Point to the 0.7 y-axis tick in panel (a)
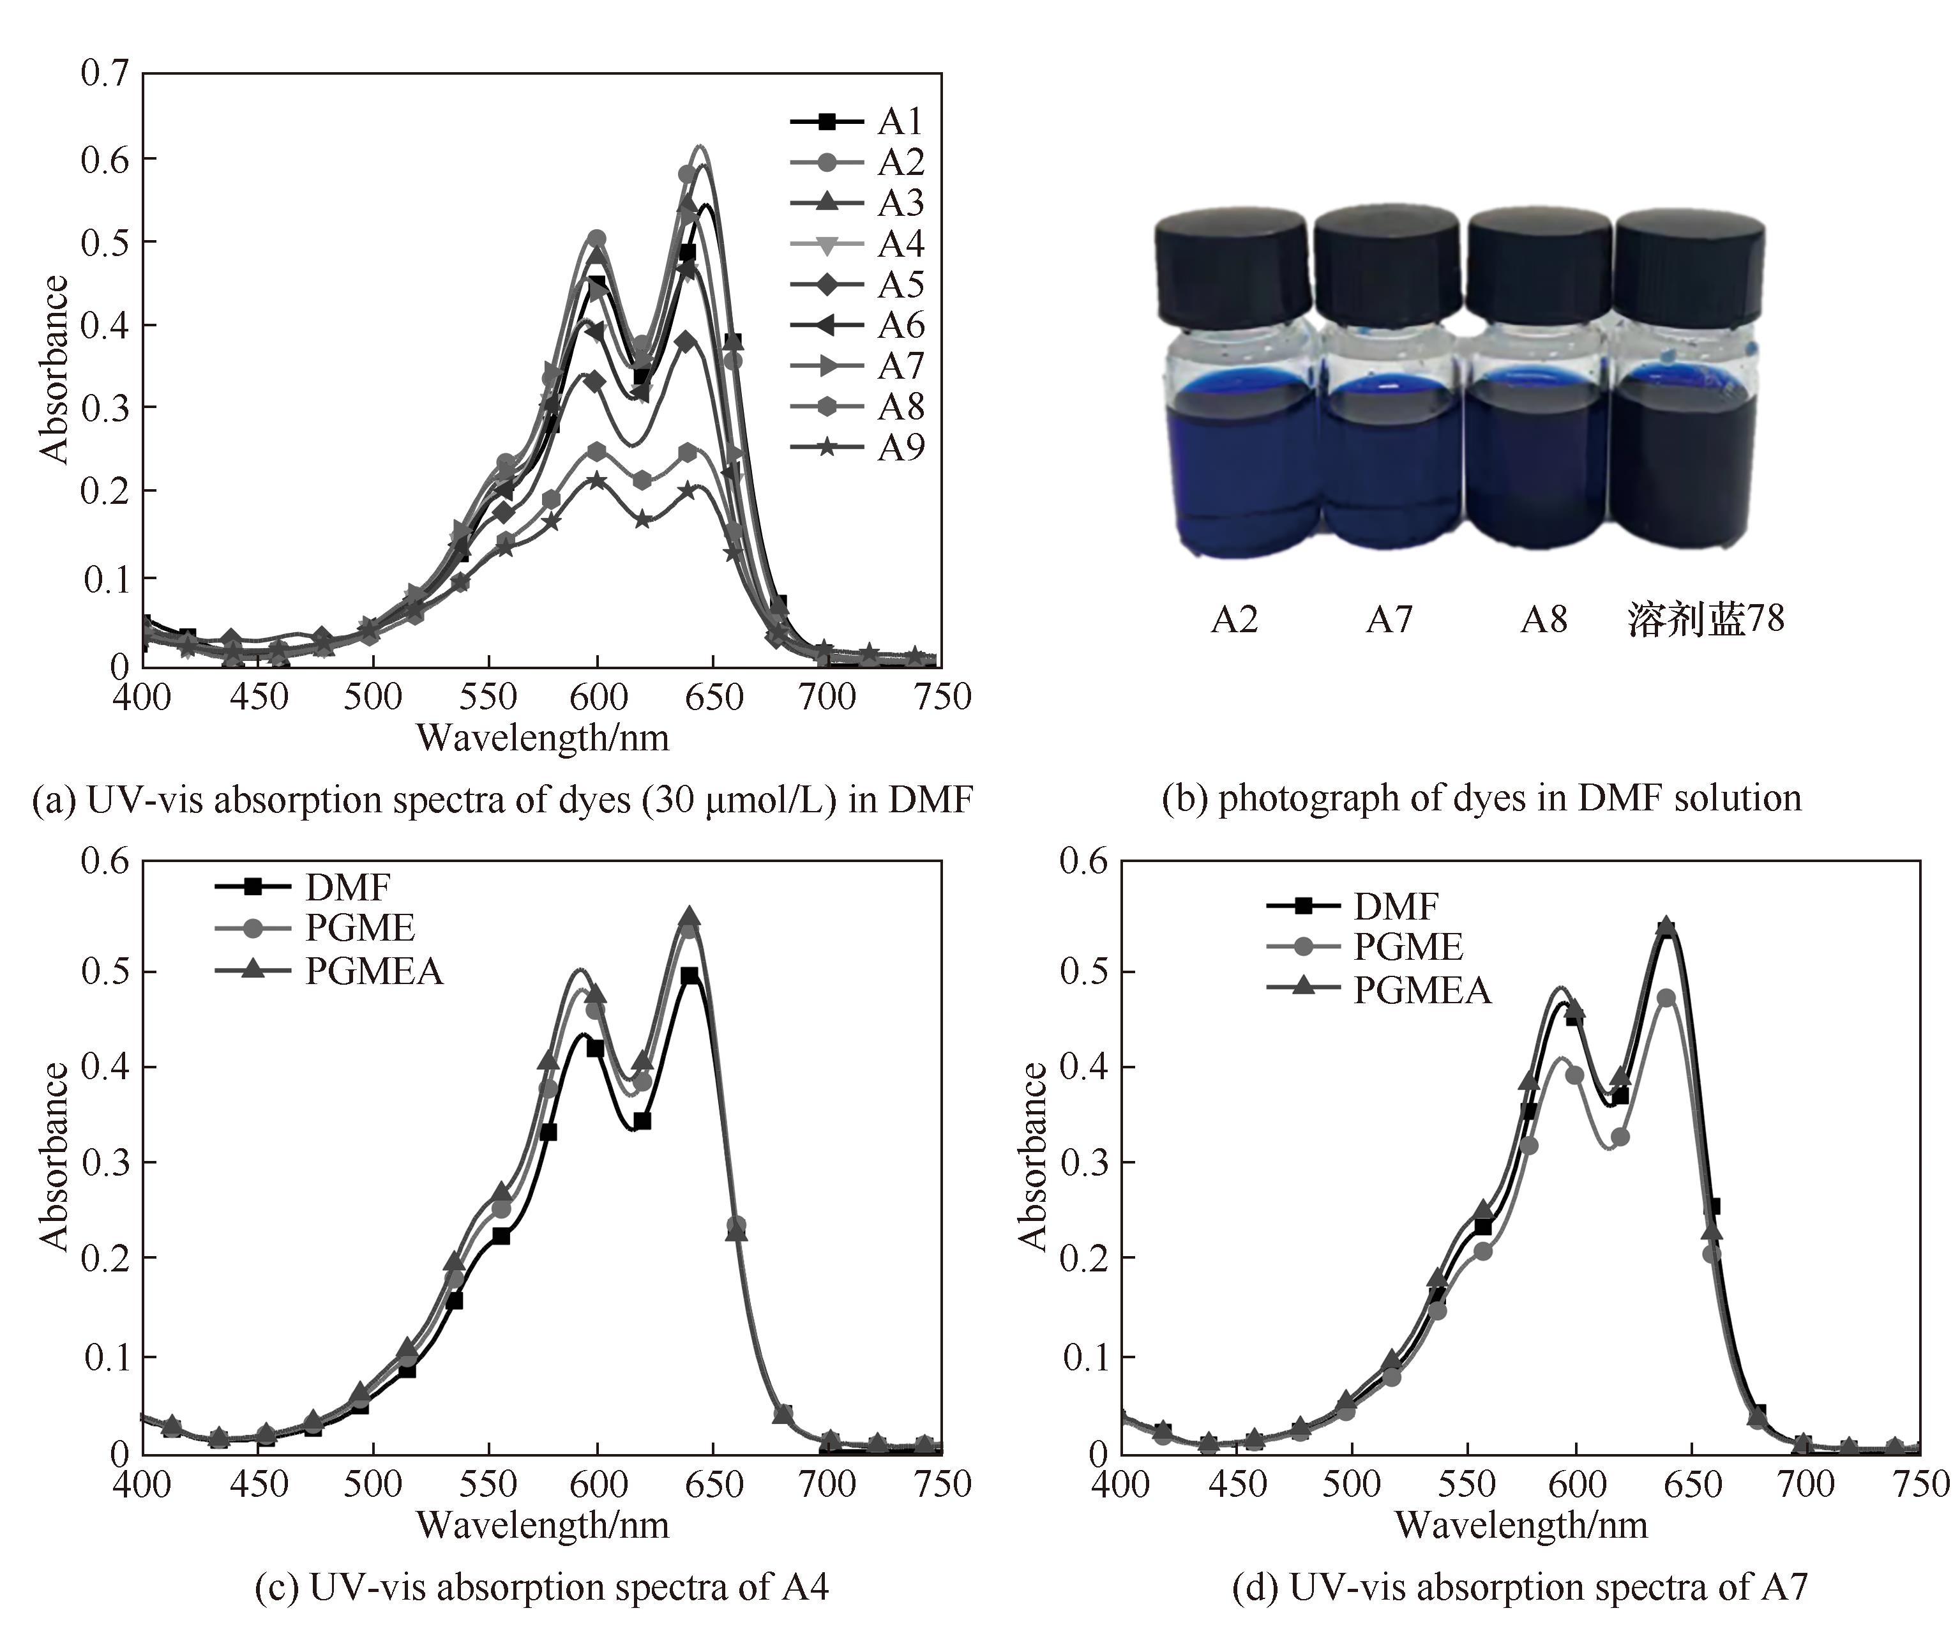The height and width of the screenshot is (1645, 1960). click(105, 73)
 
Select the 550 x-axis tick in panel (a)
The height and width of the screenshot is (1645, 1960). click(488, 697)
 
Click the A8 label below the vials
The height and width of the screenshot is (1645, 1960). click(1544, 619)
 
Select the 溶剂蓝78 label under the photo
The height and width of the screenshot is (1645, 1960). click(1705, 619)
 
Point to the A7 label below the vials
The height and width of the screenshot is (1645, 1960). click(1389, 619)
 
